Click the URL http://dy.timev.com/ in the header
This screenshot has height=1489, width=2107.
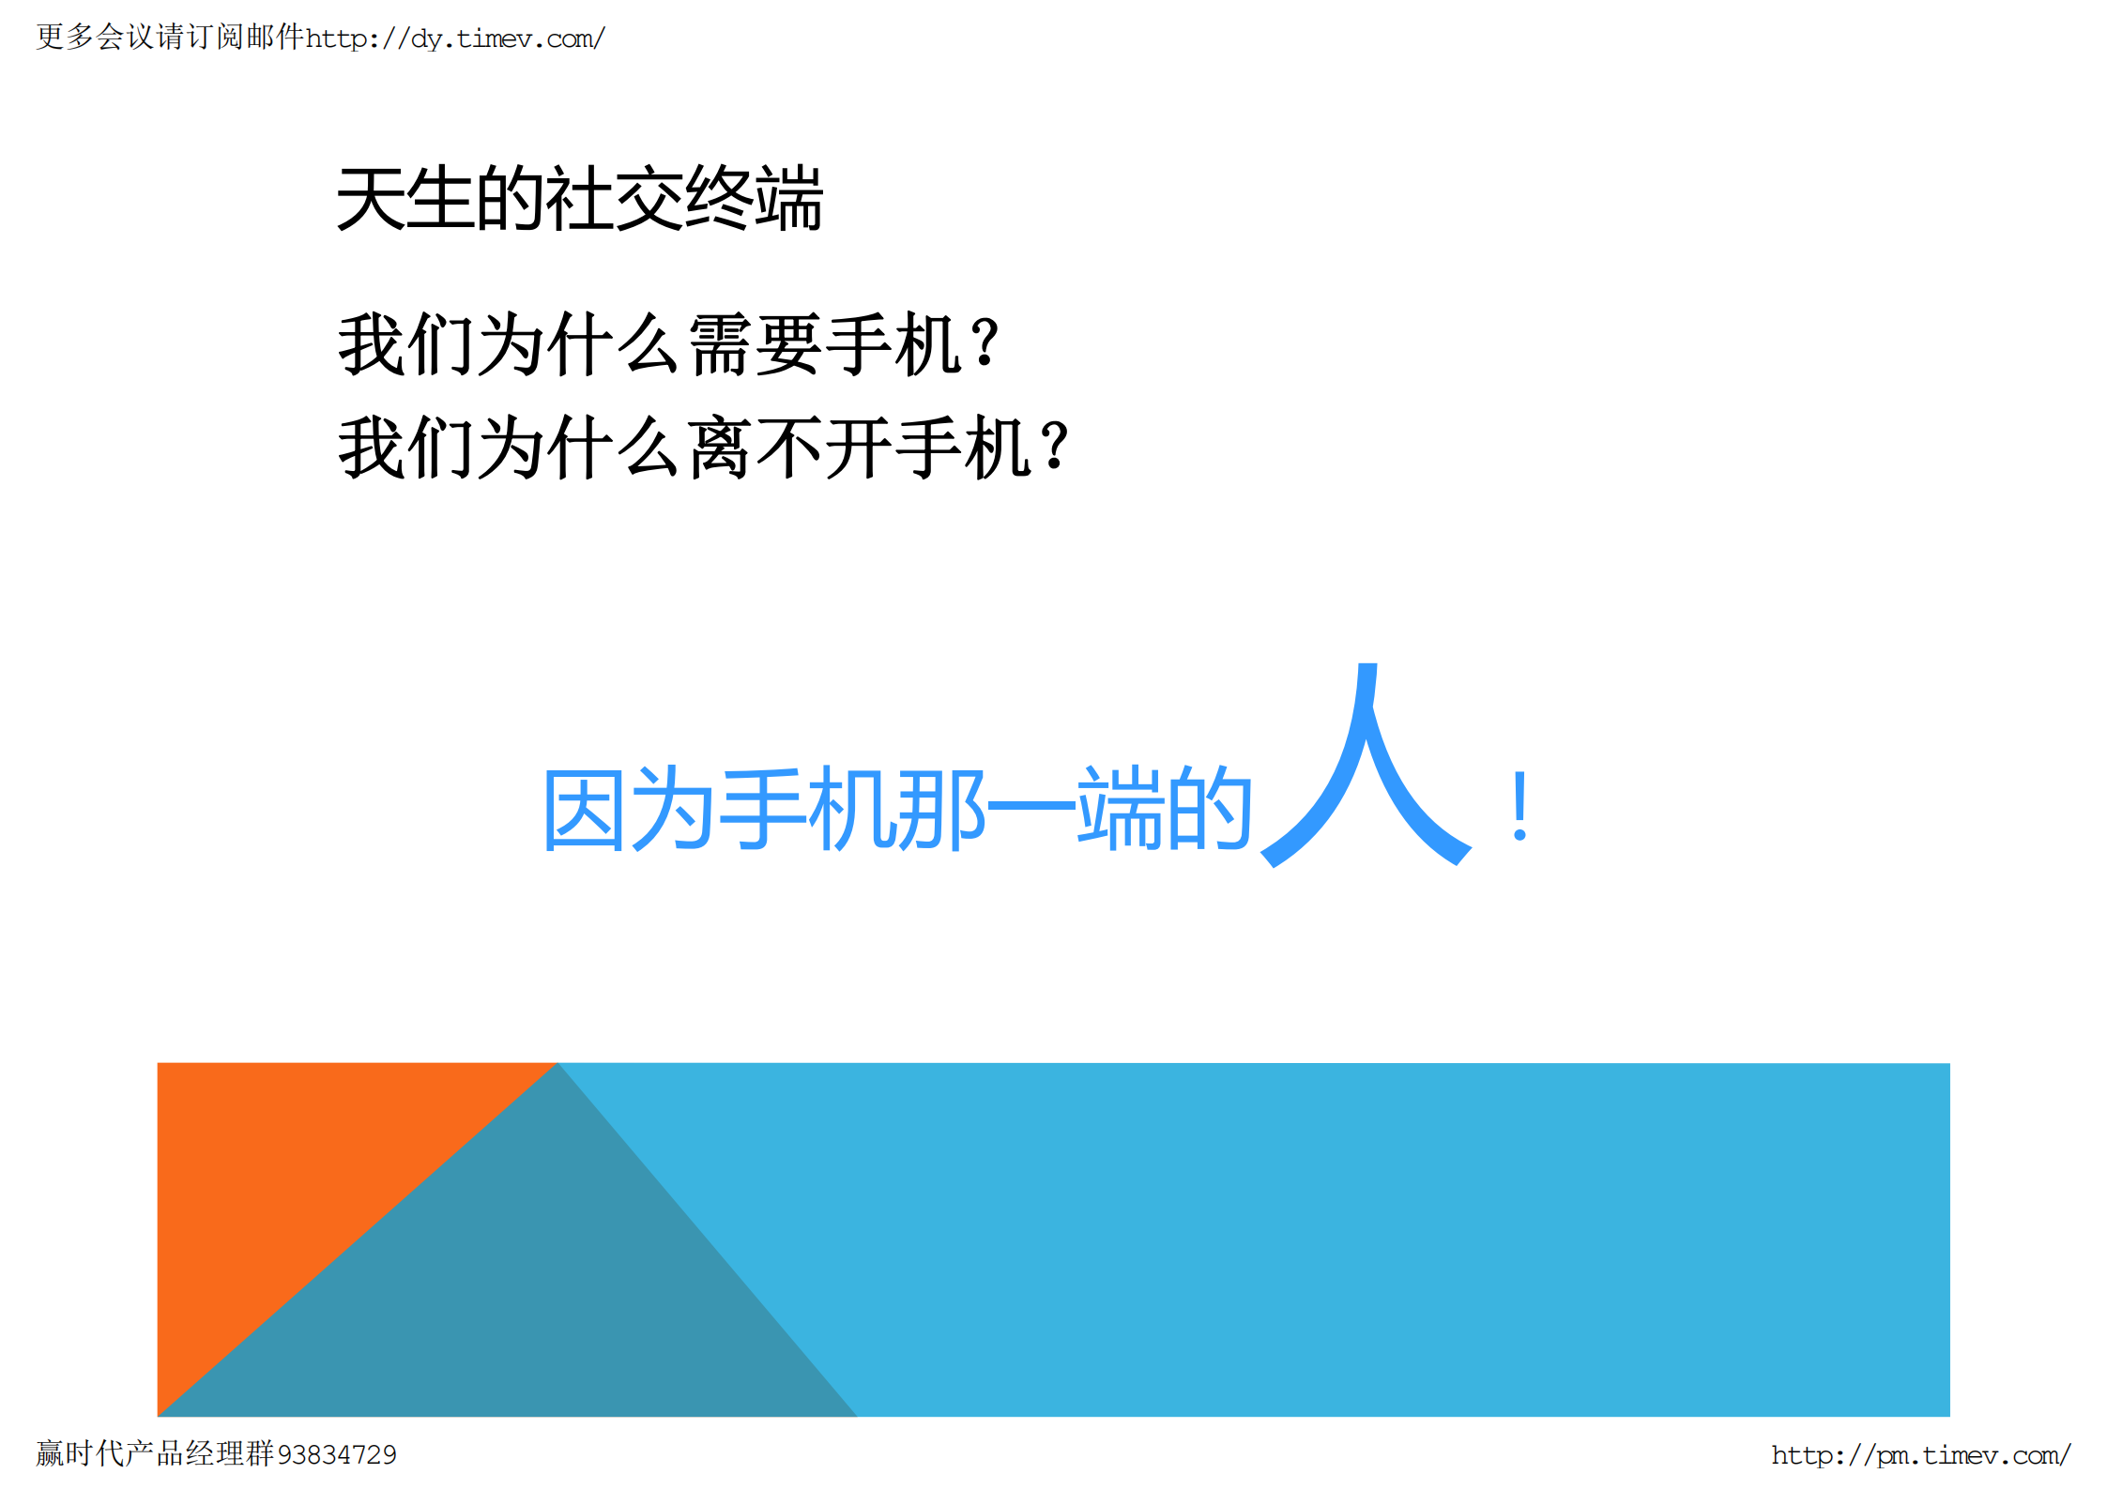455,38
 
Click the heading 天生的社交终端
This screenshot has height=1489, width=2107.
579,198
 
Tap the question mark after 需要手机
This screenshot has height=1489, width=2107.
985,344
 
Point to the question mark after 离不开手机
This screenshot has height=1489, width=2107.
1055,448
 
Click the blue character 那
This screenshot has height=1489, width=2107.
939,809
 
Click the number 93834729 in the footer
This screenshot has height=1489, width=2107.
337,1454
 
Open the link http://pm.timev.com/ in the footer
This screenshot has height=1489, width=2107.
1920,1455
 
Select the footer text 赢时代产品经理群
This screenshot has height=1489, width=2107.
155,1453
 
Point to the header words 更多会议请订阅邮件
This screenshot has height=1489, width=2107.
170,38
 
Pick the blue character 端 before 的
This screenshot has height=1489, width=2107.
1119,809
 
